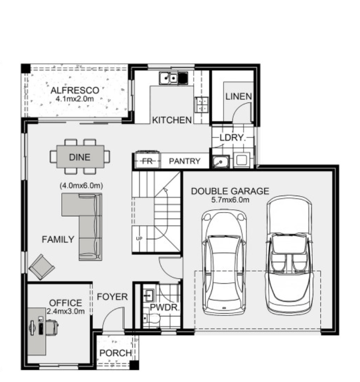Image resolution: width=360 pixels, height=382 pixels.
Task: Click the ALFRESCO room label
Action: (x=75, y=90)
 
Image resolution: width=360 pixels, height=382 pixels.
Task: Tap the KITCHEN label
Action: (x=172, y=120)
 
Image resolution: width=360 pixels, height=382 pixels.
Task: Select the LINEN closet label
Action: (x=238, y=97)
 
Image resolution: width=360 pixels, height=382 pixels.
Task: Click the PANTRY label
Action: (x=184, y=162)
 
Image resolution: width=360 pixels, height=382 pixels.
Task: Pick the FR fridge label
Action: (x=147, y=162)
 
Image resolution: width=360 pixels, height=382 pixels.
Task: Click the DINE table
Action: (x=80, y=157)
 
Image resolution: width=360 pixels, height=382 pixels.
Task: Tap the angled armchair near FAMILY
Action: (x=42, y=267)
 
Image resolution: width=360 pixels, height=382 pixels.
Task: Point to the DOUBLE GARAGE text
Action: (x=230, y=191)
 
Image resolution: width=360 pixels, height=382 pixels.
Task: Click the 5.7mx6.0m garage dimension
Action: (x=230, y=200)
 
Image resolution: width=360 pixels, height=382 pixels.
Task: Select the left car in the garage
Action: (x=223, y=262)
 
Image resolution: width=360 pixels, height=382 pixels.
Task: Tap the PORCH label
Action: (x=115, y=353)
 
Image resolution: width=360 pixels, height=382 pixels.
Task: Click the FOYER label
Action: (x=112, y=296)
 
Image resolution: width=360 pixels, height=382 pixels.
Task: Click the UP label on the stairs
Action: (x=139, y=239)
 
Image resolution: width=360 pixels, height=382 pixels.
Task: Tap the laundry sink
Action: (x=219, y=162)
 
